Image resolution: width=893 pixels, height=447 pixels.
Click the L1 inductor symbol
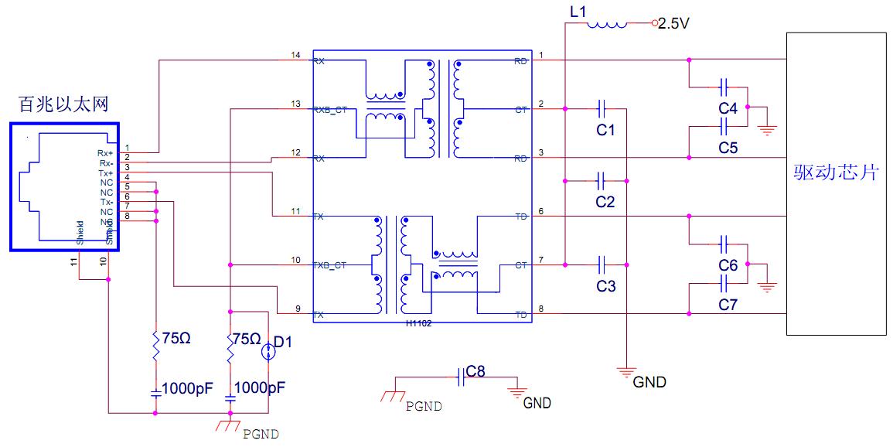coord(607,24)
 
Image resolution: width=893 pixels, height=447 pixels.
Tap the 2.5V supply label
coord(673,24)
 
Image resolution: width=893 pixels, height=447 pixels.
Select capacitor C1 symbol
coord(605,109)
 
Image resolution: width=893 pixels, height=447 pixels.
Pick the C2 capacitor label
coord(605,203)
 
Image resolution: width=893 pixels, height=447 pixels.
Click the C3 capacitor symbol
coord(605,265)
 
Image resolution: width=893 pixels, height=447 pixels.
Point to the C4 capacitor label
coord(728,109)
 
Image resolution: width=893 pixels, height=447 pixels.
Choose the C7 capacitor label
coord(728,305)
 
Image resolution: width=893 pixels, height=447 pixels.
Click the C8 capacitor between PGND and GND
coord(461,376)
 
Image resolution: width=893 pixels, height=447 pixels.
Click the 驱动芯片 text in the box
coord(837,172)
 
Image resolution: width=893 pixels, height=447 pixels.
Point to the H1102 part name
coord(418,324)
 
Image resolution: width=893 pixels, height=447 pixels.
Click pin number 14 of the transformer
coord(295,55)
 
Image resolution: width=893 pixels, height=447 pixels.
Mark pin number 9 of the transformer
coord(298,309)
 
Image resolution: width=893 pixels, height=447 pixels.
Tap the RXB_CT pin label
coord(331,110)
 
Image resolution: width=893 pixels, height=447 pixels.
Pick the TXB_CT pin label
coord(330,265)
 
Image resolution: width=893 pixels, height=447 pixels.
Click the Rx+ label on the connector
coord(105,153)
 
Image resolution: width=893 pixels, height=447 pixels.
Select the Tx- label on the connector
coord(107,202)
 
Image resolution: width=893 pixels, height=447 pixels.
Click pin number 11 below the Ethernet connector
coord(74,262)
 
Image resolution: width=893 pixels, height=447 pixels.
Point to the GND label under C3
coord(649,382)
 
